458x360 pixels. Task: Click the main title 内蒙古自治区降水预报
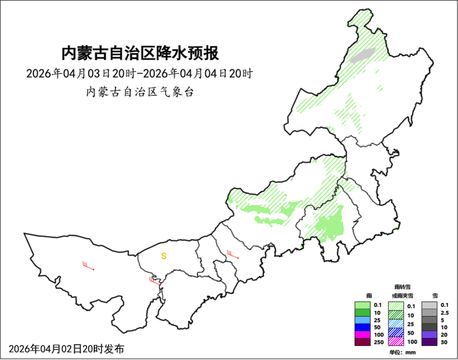[x=140, y=53]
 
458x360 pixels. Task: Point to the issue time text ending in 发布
[x=66, y=349]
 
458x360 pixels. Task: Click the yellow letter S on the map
[x=164, y=256]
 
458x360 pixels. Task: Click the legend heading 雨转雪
[x=400, y=287]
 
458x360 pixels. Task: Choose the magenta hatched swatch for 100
[x=396, y=341]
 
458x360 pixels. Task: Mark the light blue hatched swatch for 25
[x=396, y=323]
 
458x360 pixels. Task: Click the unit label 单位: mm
[x=403, y=352]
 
